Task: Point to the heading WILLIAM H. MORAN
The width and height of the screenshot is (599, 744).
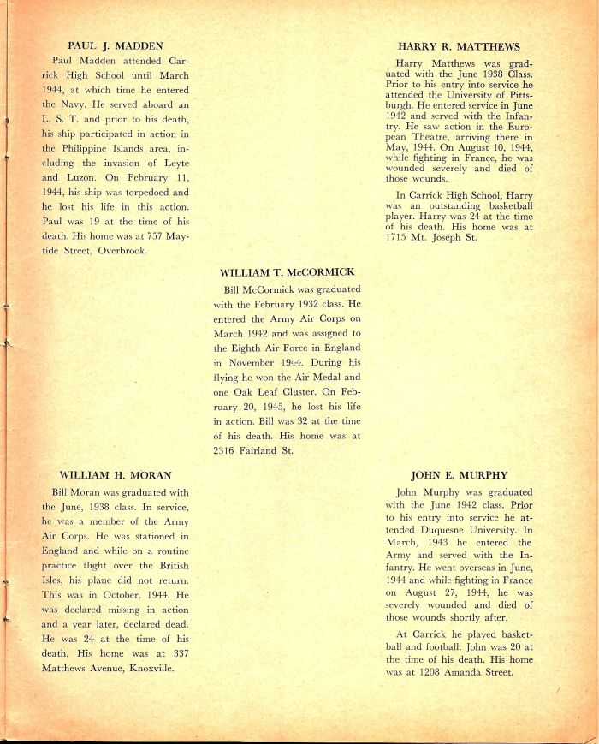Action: [x=116, y=474]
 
